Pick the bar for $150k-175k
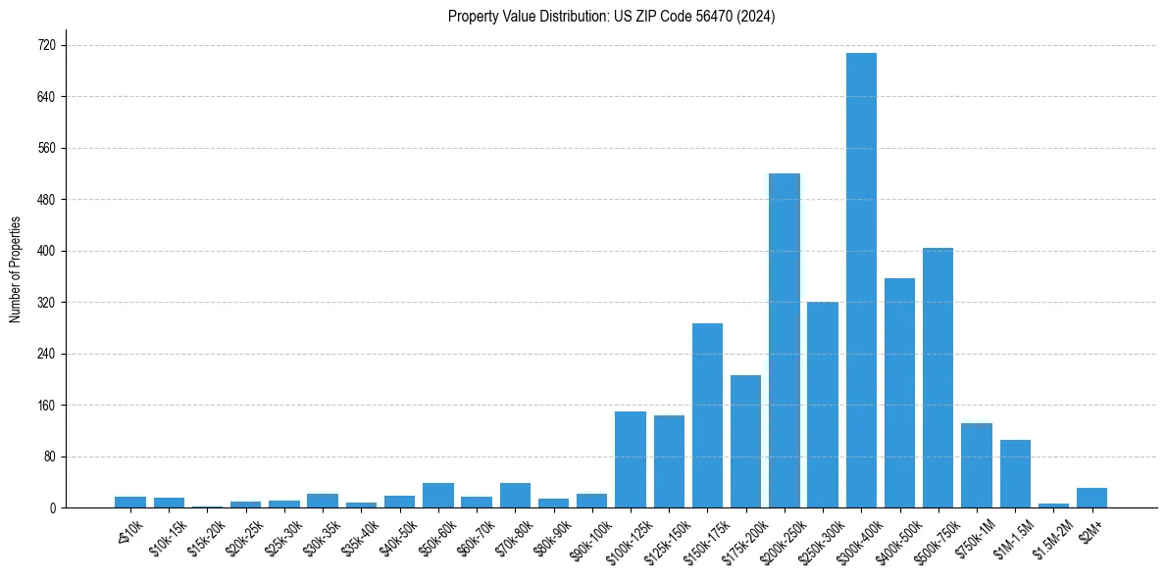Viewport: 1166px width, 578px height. tap(707, 415)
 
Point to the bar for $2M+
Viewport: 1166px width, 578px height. tap(1091, 498)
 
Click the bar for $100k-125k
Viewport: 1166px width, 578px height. tap(631, 459)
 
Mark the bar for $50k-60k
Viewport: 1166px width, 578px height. tap(438, 496)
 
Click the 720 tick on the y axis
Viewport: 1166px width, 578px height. tap(47, 45)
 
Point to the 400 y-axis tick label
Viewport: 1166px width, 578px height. tap(47, 251)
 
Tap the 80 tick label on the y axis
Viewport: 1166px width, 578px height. tap(50, 457)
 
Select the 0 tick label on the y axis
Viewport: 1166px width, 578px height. tap(53, 507)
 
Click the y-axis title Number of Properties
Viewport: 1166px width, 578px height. tap(15, 269)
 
